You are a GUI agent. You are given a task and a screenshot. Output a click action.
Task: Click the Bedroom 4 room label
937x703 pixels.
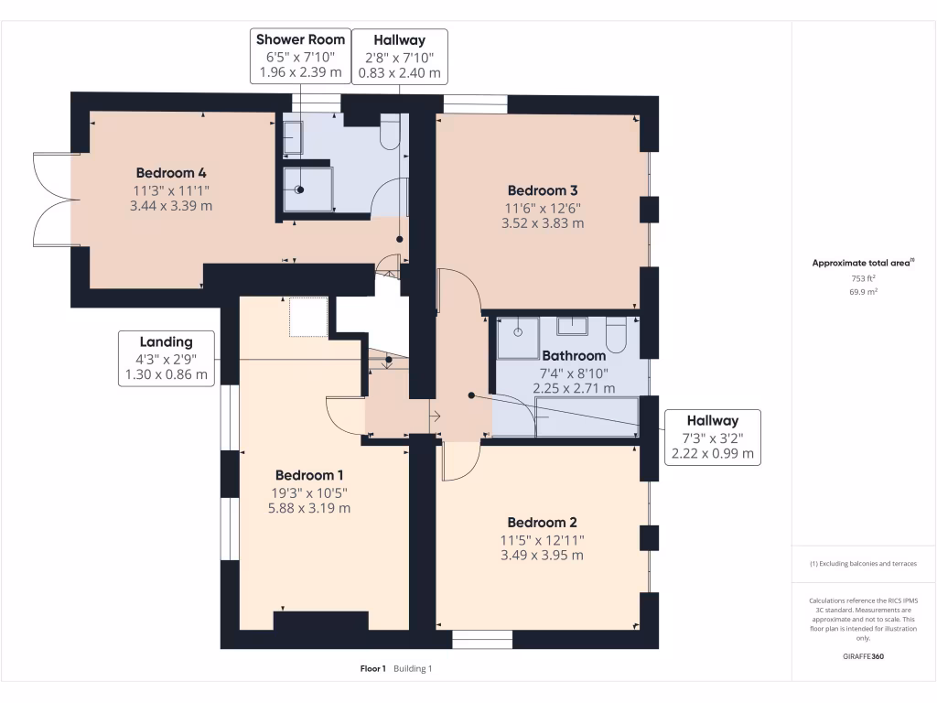(x=171, y=173)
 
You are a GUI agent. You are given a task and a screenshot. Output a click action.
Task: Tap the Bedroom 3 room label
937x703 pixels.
(x=543, y=190)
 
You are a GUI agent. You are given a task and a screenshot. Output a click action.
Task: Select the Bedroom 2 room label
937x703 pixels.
(x=542, y=523)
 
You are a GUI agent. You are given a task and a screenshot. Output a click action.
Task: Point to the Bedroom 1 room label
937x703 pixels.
(x=309, y=475)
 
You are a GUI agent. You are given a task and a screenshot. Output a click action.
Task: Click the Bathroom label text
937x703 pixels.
(x=574, y=356)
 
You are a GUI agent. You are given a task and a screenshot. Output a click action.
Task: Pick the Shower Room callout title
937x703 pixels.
(x=300, y=39)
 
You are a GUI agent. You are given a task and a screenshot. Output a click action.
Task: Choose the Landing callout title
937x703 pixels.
(x=167, y=342)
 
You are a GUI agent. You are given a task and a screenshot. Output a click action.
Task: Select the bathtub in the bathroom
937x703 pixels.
(x=587, y=417)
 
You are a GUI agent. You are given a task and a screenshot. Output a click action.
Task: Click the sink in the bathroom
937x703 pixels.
(x=572, y=327)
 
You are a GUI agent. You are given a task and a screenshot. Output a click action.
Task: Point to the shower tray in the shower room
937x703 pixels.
(x=307, y=189)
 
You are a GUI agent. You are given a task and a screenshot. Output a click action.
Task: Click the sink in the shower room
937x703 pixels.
(x=293, y=138)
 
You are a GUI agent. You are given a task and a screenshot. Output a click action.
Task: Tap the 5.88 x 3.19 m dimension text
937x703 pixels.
(x=309, y=508)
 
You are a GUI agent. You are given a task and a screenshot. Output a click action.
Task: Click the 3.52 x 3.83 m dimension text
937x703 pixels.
(x=543, y=223)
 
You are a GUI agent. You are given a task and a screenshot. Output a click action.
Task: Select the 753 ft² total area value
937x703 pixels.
(x=863, y=278)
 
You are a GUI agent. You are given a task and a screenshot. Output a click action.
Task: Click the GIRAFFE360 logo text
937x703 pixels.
(x=863, y=656)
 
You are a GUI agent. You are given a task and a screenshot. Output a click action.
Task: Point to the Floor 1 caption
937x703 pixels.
(x=373, y=669)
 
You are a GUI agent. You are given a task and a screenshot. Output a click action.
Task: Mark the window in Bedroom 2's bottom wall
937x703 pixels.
(x=482, y=639)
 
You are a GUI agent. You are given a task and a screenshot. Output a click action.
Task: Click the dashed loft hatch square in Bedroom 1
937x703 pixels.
(x=308, y=317)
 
